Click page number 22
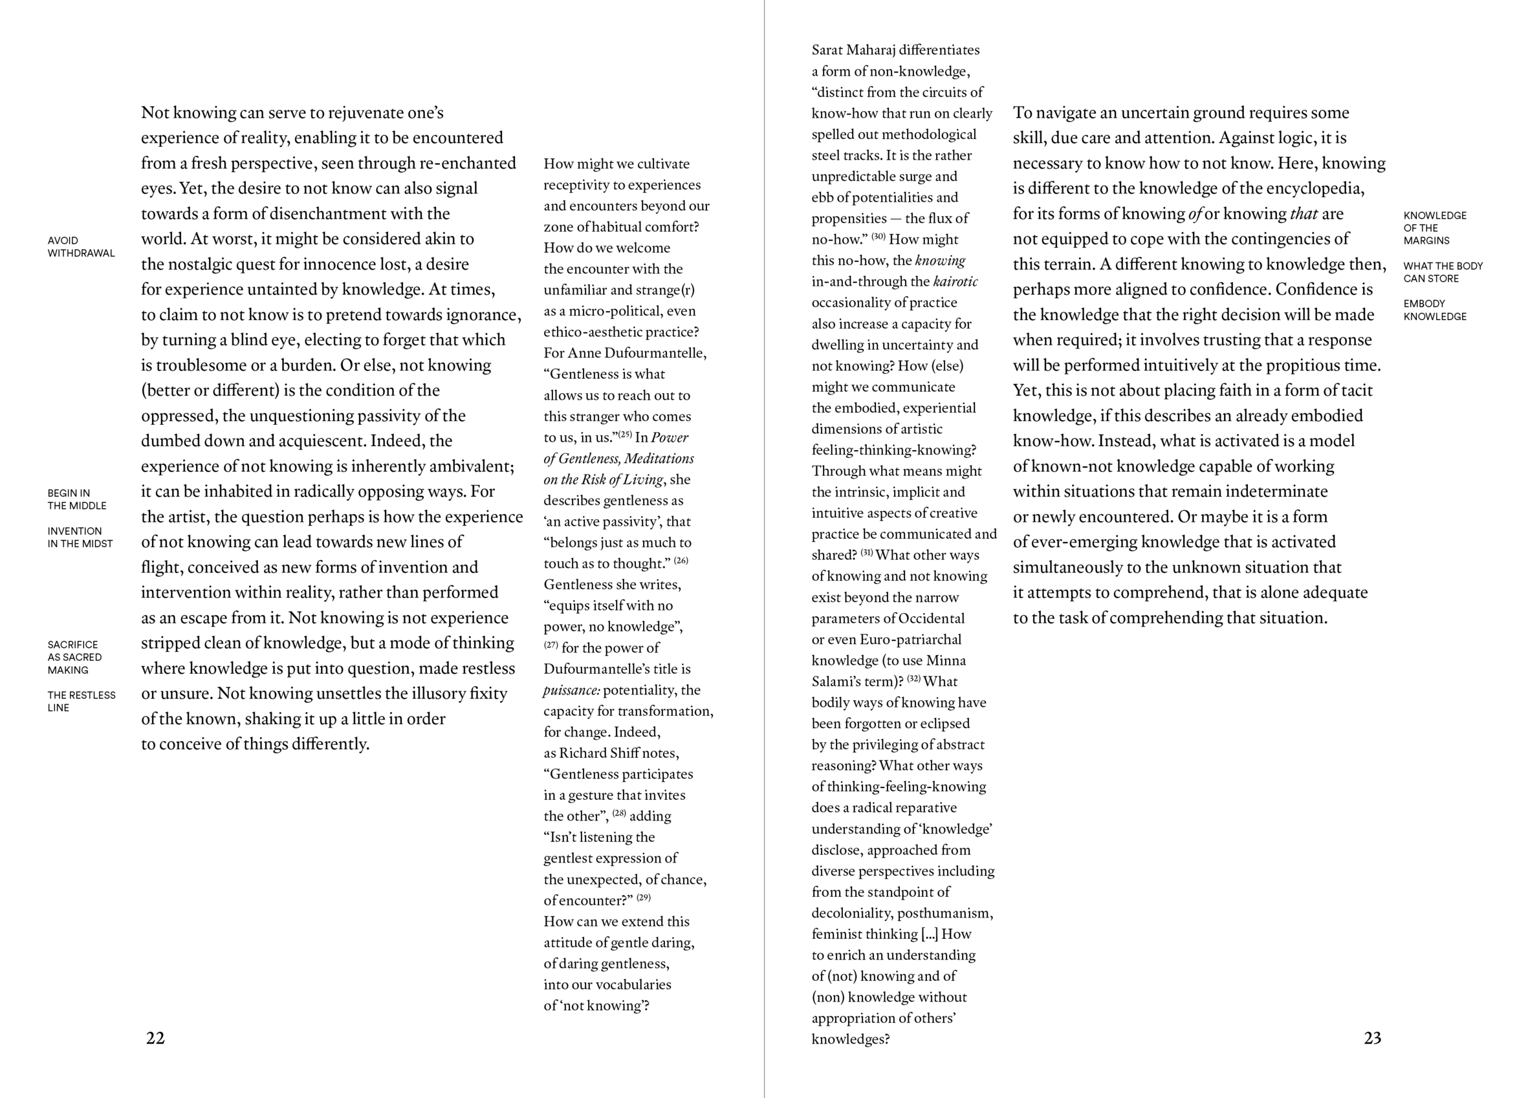click(x=155, y=1038)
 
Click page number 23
click(x=1372, y=1038)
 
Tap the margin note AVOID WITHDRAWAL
click(x=81, y=246)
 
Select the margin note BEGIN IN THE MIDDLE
click(x=77, y=499)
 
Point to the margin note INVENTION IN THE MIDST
click(x=80, y=537)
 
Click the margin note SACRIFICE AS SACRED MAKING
click(x=74, y=657)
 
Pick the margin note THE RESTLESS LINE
click(x=81, y=701)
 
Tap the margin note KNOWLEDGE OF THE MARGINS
click(x=1434, y=228)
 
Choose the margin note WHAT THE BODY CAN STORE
click(x=1443, y=272)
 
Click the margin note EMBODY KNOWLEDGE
click(x=1434, y=310)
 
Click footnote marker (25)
click(x=625, y=435)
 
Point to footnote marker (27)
click(x=551, y=645)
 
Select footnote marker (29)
click(x=644, y=898)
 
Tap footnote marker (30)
click(x=878, y=237)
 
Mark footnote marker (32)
click(x=913, y=678)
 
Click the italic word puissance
click(x=571, y=691)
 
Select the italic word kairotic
click(x=955, y=281)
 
